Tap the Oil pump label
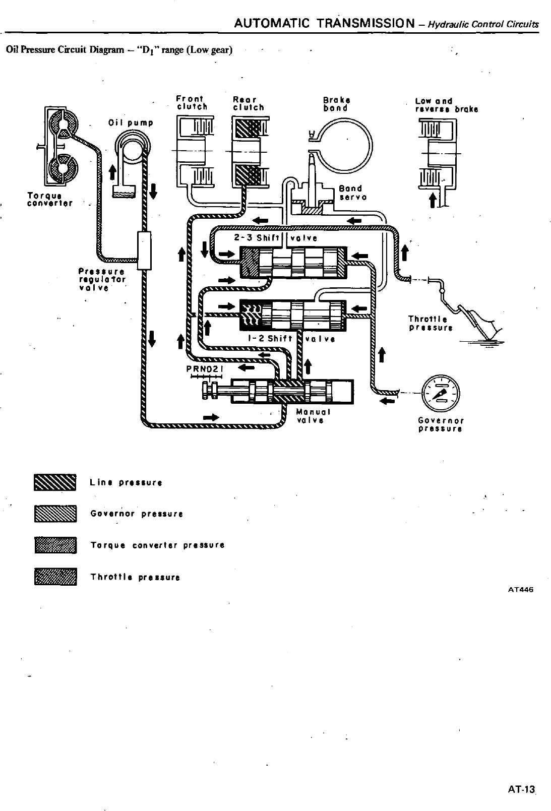click(x=131, y=122)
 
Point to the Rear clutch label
click(x=248, y=103)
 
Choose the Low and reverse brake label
click(x=446, y=105)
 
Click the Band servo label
click(x=351, y=193)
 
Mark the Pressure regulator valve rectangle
click(x=144, y=251)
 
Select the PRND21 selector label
click(x=204, y=368)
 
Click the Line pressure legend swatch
click(x=55, y=482)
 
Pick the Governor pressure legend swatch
click(x=55, y=514)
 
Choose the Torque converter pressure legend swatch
click(x=55, y=545)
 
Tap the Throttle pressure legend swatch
click(x=55, y=577)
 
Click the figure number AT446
click(x=520, y=589)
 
